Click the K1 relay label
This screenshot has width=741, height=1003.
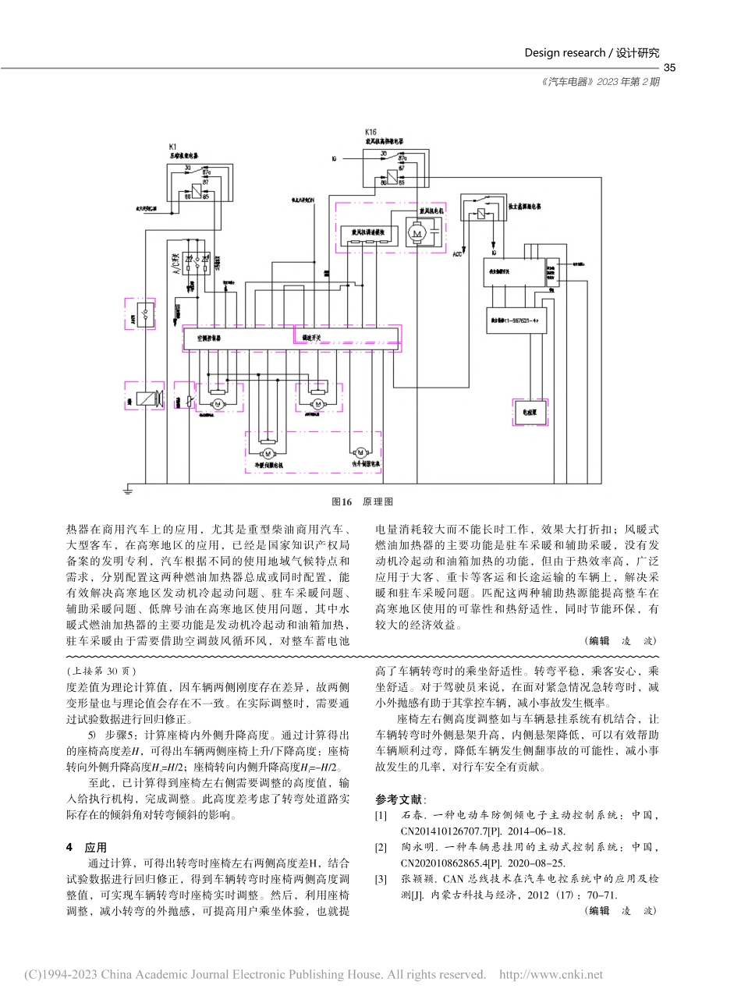[x=172, y=147]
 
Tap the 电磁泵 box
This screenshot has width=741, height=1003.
[x=530, y=411]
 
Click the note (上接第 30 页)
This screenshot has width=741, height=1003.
[x=101, y=670]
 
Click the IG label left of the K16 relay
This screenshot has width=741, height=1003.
[x=334, y=158]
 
